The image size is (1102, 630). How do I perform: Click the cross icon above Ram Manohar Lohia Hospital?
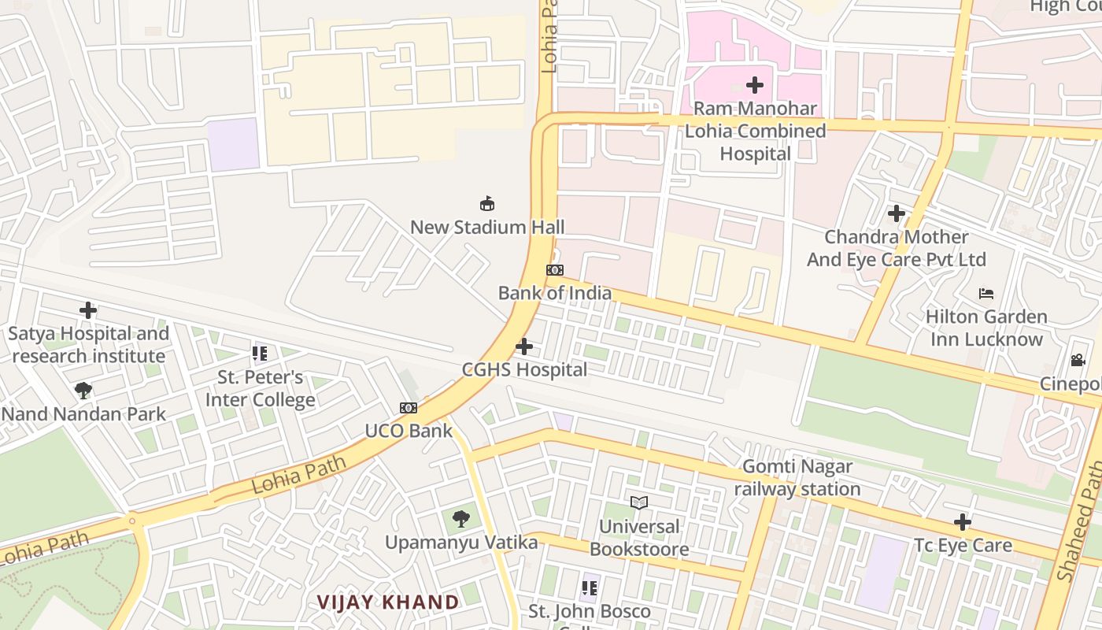[755, 84]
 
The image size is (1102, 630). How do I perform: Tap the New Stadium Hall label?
[487, 227]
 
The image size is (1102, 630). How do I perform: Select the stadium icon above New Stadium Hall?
[487, 204]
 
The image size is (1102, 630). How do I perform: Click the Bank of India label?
[554, 293]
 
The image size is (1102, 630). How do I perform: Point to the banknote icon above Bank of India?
[555, 270]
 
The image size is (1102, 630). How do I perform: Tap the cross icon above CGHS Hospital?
[523, 346]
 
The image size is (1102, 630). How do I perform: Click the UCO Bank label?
[409, 431]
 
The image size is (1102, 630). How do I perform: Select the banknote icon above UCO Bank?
[408, 408]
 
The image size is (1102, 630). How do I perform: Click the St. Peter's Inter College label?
[260, 388]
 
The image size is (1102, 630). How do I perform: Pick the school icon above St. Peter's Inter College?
[260, 354]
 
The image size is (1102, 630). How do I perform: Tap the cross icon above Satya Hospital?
[88, 310]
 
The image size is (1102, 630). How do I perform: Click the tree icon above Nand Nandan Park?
[83, 391]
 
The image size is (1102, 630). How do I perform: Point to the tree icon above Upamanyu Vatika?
[461, 519]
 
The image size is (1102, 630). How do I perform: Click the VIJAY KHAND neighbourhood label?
[388, 602]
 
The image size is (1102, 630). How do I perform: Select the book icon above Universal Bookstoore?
[639, 502]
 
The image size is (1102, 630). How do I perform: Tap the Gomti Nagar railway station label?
[797, 478]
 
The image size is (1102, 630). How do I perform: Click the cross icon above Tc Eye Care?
[962, 521]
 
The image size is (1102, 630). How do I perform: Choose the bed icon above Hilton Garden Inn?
[986, 294]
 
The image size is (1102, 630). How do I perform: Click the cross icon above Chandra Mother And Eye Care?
[896, 213]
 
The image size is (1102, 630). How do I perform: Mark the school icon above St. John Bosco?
[589, 587]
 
